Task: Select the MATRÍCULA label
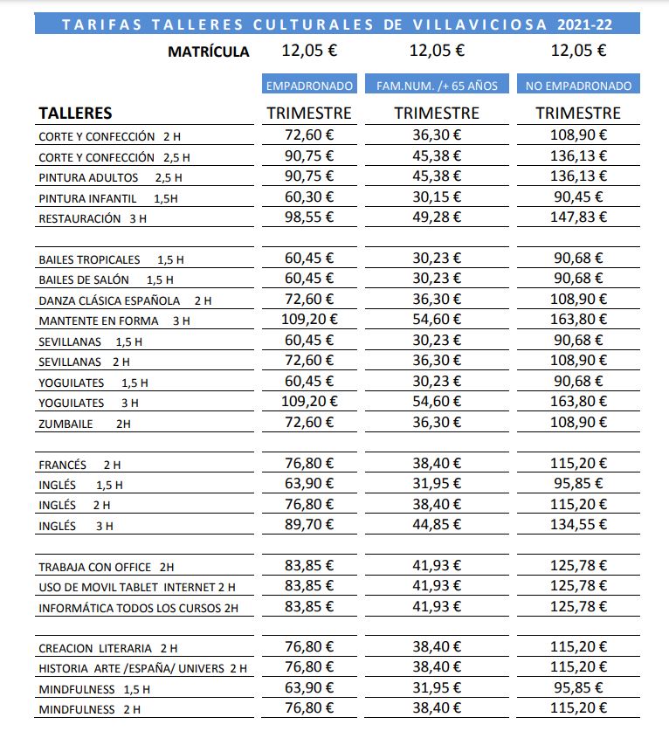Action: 209,52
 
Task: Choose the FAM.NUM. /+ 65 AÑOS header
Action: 437,86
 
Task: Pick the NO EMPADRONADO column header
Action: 578,86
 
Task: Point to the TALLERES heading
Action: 75,114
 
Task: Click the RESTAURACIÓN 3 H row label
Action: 93,219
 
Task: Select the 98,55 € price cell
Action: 309,217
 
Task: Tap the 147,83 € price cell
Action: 578,217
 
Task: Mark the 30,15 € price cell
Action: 437,197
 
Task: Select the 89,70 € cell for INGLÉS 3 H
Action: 309,524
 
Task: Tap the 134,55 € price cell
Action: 578,524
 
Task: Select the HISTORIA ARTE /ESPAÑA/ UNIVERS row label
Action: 142,669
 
